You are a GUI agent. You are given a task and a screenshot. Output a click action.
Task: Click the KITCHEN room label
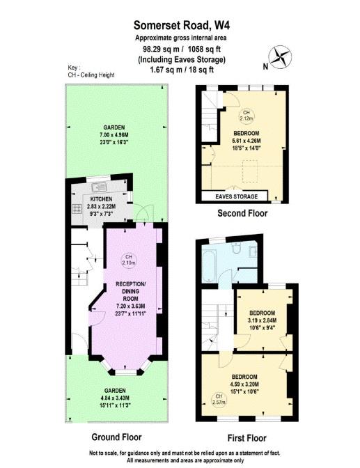[100, 198]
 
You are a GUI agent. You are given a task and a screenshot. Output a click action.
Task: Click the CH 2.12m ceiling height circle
[244, 114]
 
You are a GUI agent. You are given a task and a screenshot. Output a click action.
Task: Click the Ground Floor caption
[116, 437]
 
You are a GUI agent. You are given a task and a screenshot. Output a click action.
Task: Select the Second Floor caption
[242, 213]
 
